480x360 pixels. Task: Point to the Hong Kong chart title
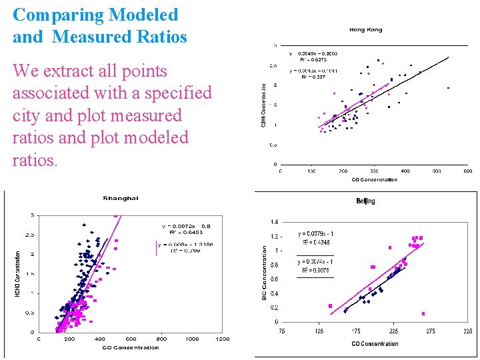pyautogui.click(x=365, y=29)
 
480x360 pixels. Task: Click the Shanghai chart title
pyautogui.click(x=121, y=198)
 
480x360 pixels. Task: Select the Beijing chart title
pyautogui.click(x=365, y=201)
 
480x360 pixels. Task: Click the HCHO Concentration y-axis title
pyautogui.click(x=18, y=273)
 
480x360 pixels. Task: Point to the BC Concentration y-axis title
pyautogui.click(x=264, y=272)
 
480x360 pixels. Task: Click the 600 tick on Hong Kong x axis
pyautogui.click(x=467, y=171)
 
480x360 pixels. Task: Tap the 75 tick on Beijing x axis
pyautogui.click(x=282, y=331)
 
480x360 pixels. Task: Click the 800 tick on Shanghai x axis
pyautogui.click(x=161, y=339)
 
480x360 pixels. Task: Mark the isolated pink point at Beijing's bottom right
pyautogui.click(x=423, y=313)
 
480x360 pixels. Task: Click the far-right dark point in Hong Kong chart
pyautogui.click(x=448, y=87)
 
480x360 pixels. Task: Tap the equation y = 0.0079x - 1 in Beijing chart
pyautogui.click(x=316, y=234)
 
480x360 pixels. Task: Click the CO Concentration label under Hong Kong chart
pyautogui.click(x=374, y=179)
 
